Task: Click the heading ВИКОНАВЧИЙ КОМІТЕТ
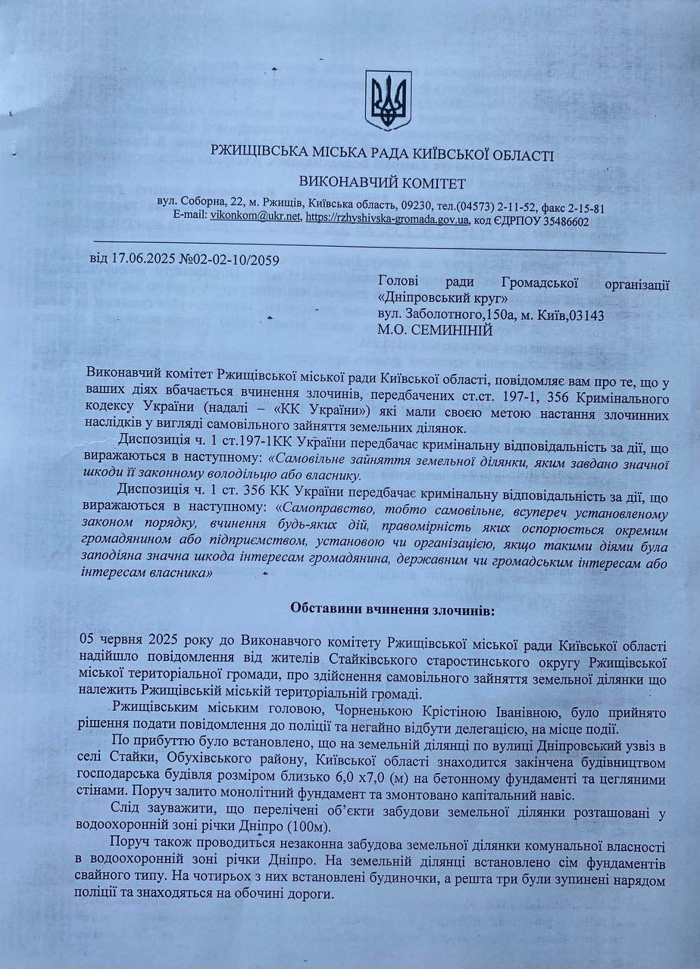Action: [x=383, y=182]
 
